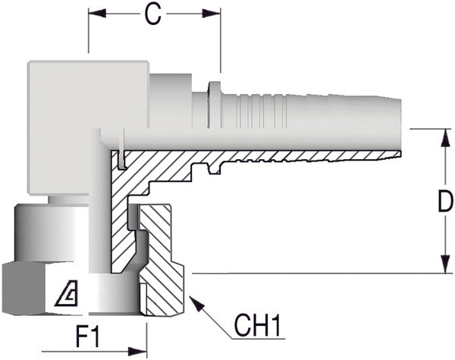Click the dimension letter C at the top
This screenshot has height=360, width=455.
[154, 15]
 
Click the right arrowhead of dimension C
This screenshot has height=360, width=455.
[216, 13]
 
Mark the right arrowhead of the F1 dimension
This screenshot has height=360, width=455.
[142, 351]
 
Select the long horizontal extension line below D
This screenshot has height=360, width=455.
[318, 273]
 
